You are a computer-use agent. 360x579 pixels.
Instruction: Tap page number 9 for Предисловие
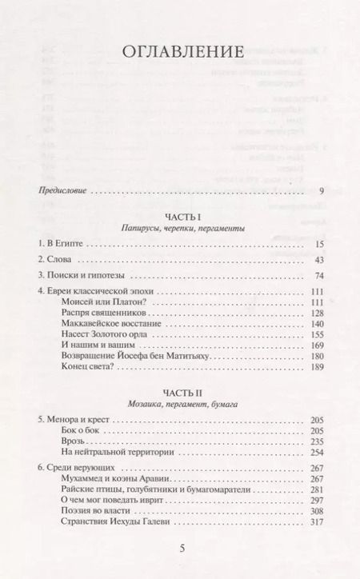320,191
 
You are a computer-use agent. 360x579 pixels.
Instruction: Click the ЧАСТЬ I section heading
179,216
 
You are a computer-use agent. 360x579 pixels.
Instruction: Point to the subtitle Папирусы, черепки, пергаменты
179,228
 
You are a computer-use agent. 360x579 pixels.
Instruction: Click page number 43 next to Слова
318,260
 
